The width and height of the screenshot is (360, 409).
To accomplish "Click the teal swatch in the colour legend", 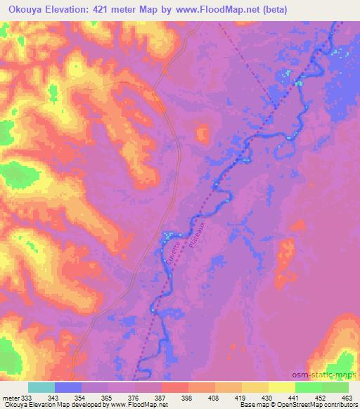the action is pos(42,387).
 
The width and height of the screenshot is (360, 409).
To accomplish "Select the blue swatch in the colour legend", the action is pos(68,387).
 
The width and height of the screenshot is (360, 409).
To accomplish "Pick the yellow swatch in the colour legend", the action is pos(281,387).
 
